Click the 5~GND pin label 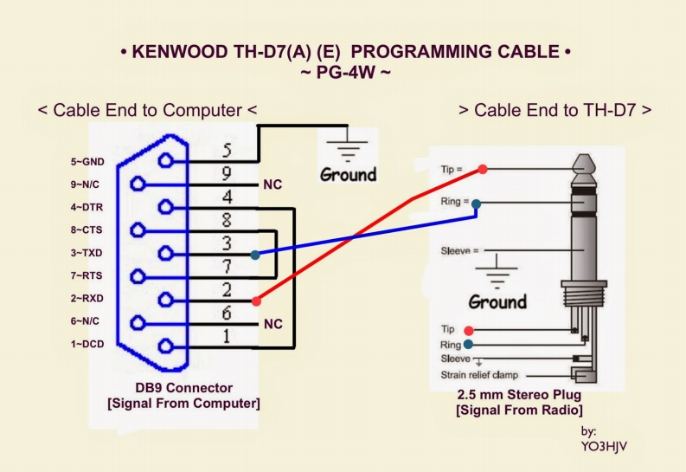pos(87,161)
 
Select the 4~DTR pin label pos(87,207)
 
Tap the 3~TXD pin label pos(87,253)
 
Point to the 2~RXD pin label pos(87,299)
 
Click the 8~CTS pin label pos(87,230)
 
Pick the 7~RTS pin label pos(87,275)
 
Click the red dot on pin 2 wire pos(255,301)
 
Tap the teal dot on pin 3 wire pos(254,255)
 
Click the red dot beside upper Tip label pos(483,169)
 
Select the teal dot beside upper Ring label pos(477,204)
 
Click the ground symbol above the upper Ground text pos(348,146)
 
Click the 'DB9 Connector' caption pos(183,388)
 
